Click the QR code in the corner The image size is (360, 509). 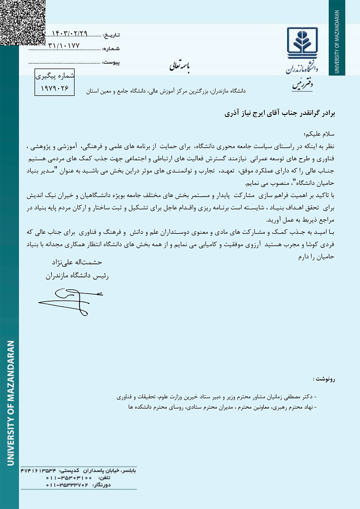pos(22,22)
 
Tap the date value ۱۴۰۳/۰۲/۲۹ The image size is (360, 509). pos(69,34)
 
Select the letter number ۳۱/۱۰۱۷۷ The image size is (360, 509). pos(64,46)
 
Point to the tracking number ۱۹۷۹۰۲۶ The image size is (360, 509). pos(54,88)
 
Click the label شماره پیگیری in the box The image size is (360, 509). pos(55,76)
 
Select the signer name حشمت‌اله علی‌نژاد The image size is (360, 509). pos(77,262)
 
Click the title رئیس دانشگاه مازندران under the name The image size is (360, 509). pos(77,276)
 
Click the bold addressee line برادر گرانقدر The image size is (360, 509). pos(280,113)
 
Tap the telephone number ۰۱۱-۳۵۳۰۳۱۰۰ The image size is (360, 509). pos(69,478)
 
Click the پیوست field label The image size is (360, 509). pos(111,62)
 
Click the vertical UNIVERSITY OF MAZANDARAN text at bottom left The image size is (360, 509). pos(11,403)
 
